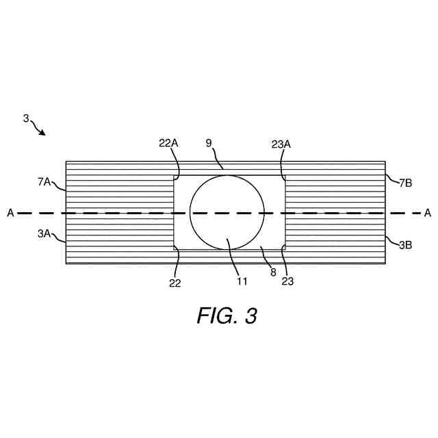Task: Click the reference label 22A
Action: click(168, 144)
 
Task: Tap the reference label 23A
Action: click(281, 144)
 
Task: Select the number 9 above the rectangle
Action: click(209, 144)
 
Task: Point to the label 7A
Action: click(44, 181)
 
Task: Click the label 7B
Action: click(404, 182)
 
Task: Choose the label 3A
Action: click(44, 233)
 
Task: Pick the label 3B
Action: click(404, 244)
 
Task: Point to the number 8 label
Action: click(273, 272)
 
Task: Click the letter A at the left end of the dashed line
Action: click(10, 213)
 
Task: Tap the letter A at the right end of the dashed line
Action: click(428, 213)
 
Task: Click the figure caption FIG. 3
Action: click(227, 315)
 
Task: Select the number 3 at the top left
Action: click(26, 118)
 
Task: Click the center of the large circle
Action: click(227, 212)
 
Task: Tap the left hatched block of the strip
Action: click(119, 212)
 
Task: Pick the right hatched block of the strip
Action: click(335, 212)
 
